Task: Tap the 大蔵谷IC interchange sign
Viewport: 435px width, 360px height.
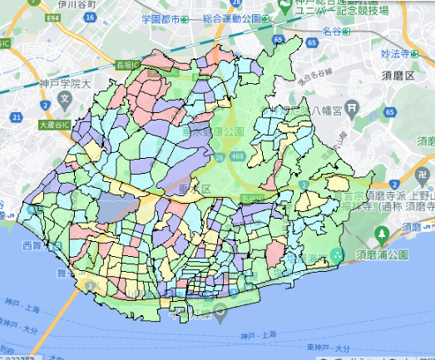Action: [x=55, y=125]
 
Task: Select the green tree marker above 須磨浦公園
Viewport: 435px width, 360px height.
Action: [x=336, y=254]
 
